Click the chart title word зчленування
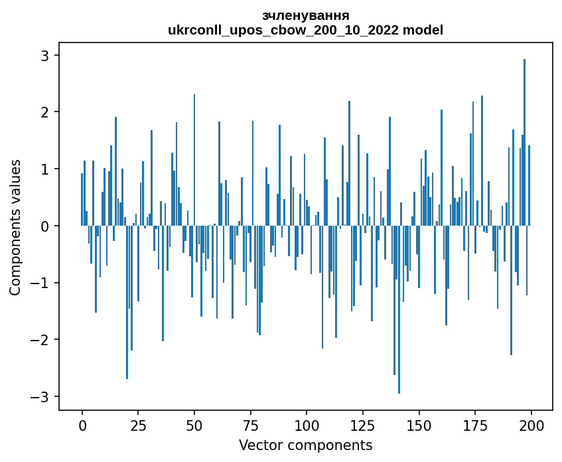point(305,15)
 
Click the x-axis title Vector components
point(305,445)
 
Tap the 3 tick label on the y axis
point(46,55)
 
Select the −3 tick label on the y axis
point(41,396)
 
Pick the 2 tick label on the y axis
point(46,112)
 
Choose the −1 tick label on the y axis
point(41,283)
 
